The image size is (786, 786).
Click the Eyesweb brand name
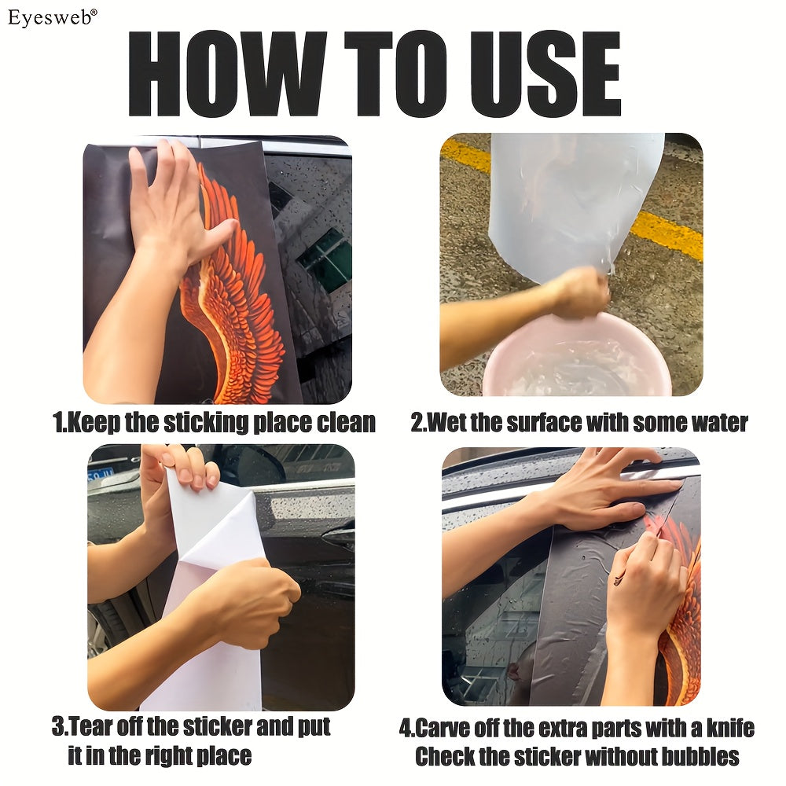click(x=50, y=17)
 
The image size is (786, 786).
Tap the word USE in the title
click(x=546, y=74)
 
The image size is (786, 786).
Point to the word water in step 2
click(x=720, y=423)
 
